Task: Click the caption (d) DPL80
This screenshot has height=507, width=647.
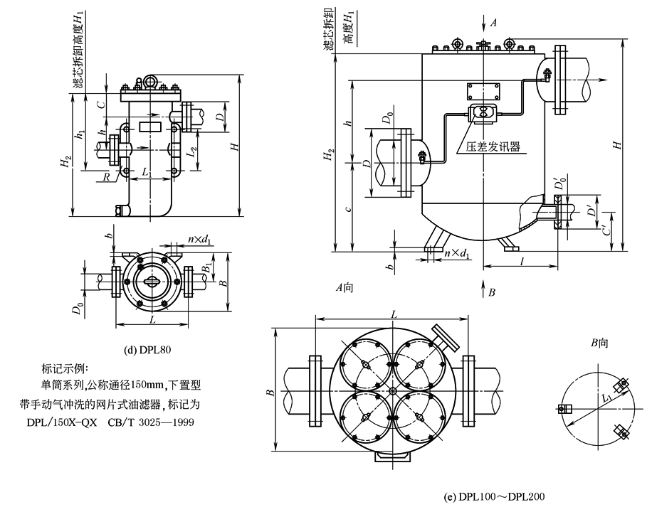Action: (146, 348)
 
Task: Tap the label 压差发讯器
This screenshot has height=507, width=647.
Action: (493, 147)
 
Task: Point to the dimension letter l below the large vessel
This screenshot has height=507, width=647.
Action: (522, 262)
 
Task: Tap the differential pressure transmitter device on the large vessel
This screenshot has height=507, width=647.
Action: (483, 112)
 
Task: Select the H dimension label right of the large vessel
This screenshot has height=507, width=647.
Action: (619, 144)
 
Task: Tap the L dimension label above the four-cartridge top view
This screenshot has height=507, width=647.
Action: (393, 314)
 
